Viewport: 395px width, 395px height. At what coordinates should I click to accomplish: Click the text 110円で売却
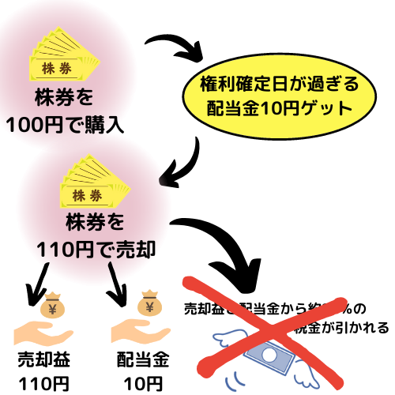[95, 248]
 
